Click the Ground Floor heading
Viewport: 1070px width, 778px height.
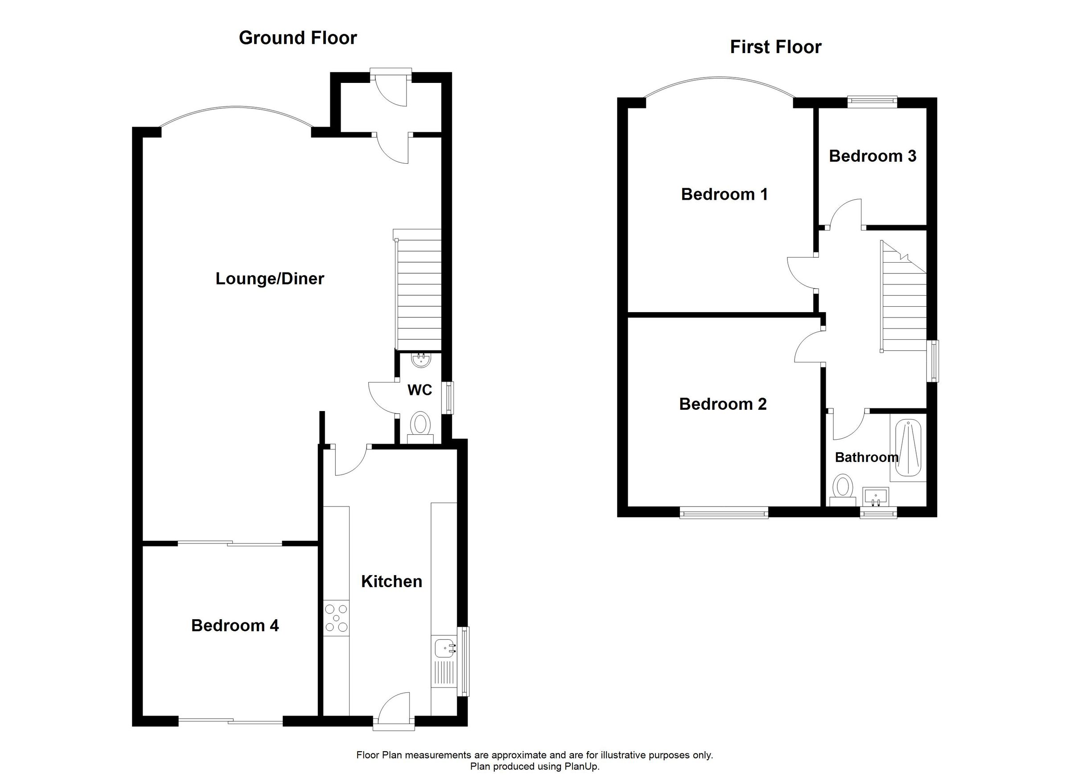tap(298, 38)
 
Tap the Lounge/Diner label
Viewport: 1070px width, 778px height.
tap(269, 279)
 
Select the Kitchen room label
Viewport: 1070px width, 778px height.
tap(391, 582)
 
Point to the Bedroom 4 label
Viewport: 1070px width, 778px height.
tap(235, 626)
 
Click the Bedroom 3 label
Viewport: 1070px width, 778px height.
tap(872, 156)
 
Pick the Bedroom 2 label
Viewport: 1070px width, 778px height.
tap(723, 404)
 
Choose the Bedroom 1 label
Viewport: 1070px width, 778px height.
tap(724, 194)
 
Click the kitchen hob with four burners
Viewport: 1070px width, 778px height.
tap(336, 618)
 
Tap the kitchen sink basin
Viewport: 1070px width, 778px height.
tap(444, 648)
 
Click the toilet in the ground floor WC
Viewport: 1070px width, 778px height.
tap(420, 424)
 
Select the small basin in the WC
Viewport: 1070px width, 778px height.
tap(420, 361)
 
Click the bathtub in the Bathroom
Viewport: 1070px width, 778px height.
tap(908, 448)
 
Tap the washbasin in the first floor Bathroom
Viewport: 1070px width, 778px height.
tap(876, 497)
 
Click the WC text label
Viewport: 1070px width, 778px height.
tap(420, 390)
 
